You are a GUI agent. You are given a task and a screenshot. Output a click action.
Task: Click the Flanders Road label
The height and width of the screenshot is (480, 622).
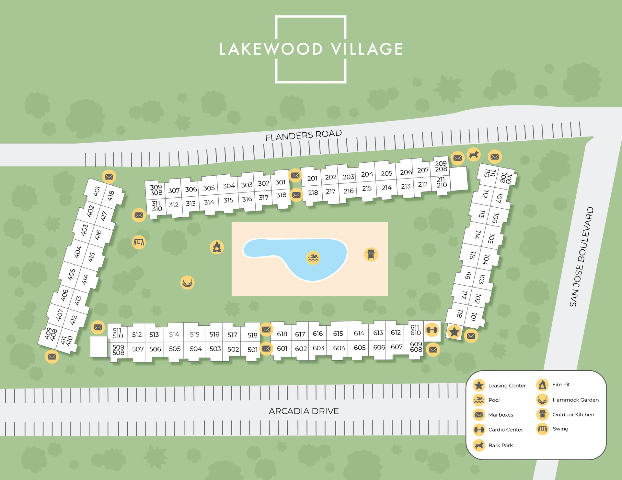(303, 135)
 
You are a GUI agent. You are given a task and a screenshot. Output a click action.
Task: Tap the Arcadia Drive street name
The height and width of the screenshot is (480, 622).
(304, 411)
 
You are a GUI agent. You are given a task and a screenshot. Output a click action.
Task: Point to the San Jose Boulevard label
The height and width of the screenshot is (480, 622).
(582, 257)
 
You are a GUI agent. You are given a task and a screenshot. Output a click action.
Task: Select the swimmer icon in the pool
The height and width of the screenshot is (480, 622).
(313, 258)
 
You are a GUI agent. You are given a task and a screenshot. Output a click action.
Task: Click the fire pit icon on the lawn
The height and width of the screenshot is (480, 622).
(217, 247)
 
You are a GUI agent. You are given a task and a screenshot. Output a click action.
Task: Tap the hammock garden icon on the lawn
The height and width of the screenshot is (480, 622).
(187, 283)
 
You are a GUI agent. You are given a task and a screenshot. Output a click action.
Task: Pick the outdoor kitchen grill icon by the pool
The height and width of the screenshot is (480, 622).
(371, 254)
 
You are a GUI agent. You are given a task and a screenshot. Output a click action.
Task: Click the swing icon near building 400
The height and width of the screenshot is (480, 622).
(139, 242)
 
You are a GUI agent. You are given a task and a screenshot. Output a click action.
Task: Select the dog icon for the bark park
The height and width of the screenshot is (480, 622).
(473, 155)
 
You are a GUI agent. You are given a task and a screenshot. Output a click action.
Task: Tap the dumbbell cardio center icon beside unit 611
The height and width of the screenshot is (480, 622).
(432, 330)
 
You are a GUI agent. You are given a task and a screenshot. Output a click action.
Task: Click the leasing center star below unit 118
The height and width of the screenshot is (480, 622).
(454, 332)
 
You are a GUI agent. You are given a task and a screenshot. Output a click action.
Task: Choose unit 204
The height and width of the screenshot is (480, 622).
(367, 175)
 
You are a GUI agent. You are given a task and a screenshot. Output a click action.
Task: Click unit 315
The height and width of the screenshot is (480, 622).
(228, 200)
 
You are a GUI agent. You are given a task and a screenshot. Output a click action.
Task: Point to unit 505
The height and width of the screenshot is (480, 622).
(175, 349)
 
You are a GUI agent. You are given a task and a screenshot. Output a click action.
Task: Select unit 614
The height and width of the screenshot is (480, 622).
(359, 333)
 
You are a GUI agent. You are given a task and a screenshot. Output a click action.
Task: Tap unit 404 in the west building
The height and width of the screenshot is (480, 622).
(78, 252)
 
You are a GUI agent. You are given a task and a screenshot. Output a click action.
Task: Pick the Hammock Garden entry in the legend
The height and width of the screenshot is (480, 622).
(567, 400)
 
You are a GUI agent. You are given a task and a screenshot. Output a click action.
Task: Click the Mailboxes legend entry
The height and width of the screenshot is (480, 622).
(493, 415)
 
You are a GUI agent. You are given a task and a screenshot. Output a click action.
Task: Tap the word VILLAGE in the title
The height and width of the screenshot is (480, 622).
(367, 49)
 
